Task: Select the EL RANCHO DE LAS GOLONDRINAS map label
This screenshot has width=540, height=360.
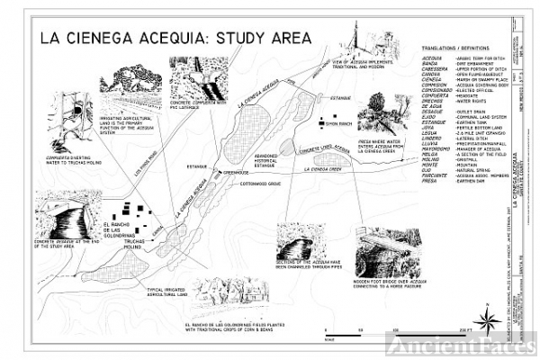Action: click(118, 229)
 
